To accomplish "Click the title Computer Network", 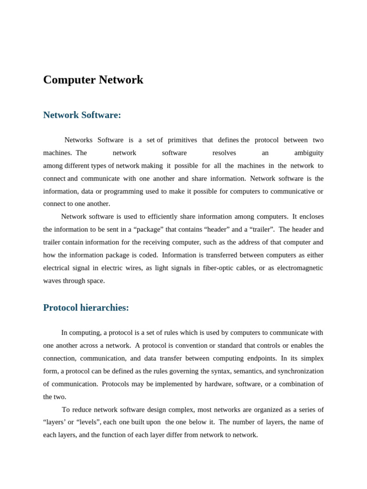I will click(93, 80).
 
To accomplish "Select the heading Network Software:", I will click(82, 115).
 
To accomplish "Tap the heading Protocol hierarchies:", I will click(86, 308).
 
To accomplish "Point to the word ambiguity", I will click(309, 153).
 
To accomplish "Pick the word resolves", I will click(224, 153).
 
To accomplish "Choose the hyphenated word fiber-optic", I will click(221, 268).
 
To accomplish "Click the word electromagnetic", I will click(300, 268).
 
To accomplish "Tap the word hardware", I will click(208, 384).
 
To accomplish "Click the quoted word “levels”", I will click(87, 422).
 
